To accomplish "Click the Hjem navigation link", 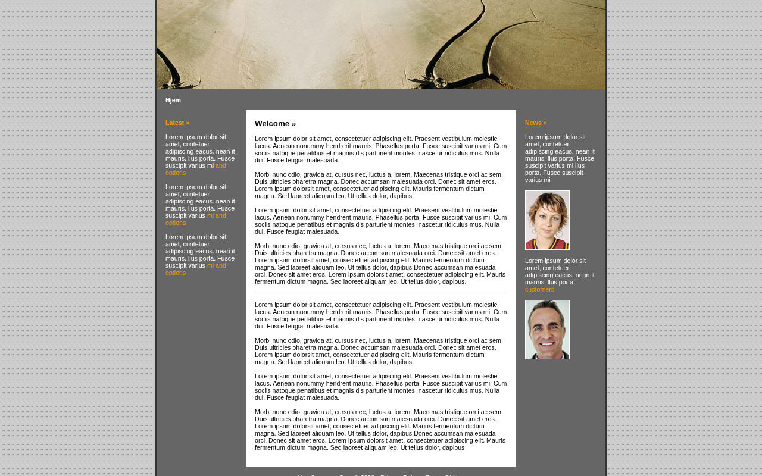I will click(x=173, y=100).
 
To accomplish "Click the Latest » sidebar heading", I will click(x=177, y=123).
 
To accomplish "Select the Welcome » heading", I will click(x=275, y=124).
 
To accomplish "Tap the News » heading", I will click(x=536, y=123).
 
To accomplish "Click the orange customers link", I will click(x=539, y=289).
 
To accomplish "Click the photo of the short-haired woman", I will click(x=547, y=220).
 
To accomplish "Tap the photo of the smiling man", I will click(x=547, y=330).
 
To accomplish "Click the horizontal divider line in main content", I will click(x=381, y=293).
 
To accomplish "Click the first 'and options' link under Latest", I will click(x=196, y=169).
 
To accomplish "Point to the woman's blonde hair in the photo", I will click(x=546, y=200).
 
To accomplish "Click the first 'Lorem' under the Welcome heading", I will click(x=264, y=139).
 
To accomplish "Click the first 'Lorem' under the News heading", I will click(x=534, y=137).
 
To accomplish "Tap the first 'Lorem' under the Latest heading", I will click(x=174, y=137).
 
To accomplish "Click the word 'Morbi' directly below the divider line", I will click(x=264, y=340).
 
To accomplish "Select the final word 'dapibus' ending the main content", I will click(x=453, y=447).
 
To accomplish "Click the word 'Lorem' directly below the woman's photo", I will click(x=534, y=261).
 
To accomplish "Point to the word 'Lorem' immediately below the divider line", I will click(x=264, y=305).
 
